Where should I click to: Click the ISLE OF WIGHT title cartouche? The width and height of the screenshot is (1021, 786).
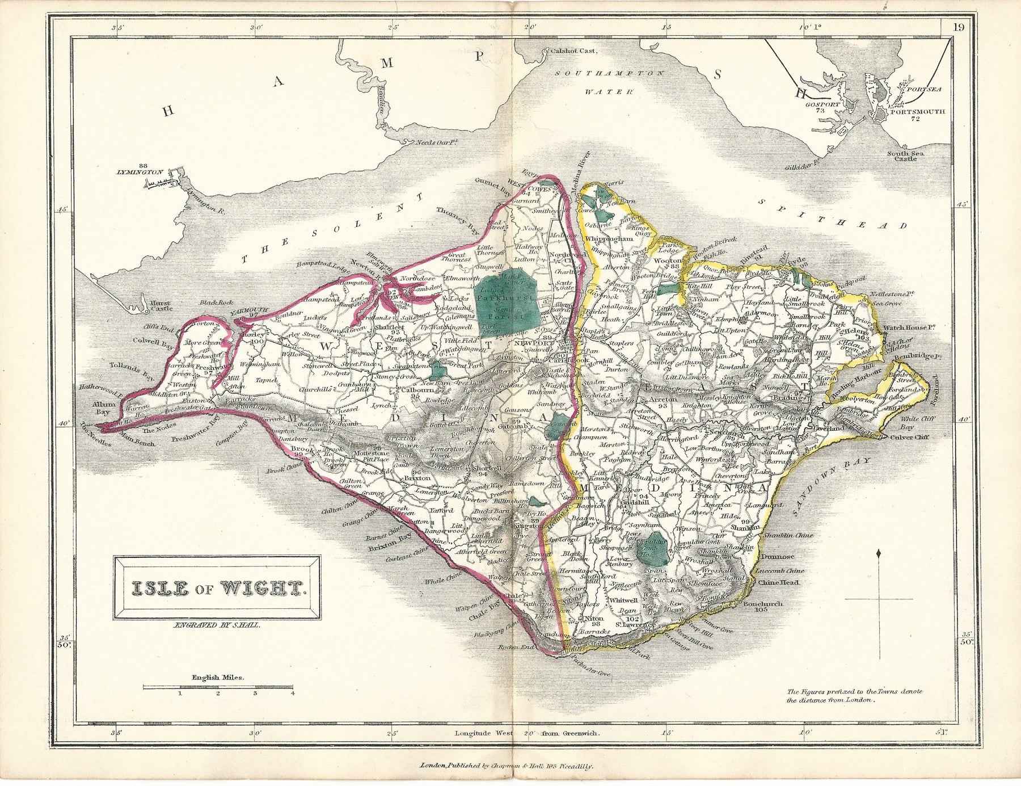pyautogui.click(x=217, y=589)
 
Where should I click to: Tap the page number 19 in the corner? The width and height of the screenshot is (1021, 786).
pyautogui.click(x=958, y=26)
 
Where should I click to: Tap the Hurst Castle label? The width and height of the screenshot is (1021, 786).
pyautogui.click(x=161, y=306)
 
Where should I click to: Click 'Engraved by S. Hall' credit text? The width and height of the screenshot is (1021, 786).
pyautogui.click(x=217, y=625)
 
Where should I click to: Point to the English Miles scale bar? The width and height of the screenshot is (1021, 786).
pyautogui.click(x=218, y=687)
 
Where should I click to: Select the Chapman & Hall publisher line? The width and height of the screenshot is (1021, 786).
pyautogui.click(x=507, y=766)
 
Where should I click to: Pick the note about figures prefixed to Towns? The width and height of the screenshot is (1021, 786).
pyautogui.click(x=854, y=696)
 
